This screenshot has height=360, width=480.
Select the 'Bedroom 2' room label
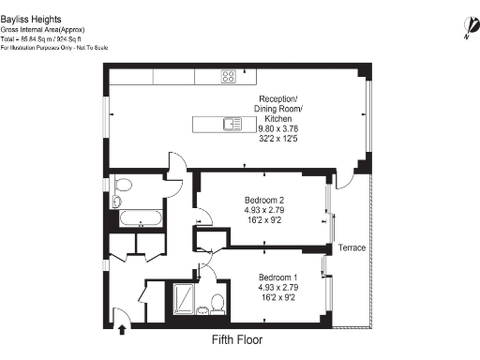coord(250,199)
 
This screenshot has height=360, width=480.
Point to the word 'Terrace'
coord(352,247)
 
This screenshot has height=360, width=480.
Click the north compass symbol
coord(466,27)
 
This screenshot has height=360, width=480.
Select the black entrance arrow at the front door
coord(126,328)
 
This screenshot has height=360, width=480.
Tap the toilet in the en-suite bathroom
coord(217,303)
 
